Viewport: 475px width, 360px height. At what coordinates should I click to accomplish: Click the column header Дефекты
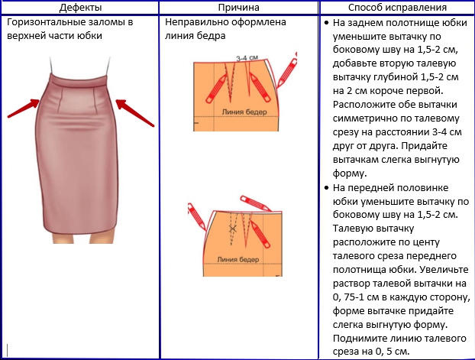point(81,8)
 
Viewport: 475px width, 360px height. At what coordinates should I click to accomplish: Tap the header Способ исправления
point(396,8)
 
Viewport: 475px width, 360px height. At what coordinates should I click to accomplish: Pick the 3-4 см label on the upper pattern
point(246,58)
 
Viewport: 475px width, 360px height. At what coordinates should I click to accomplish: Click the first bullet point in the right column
point(327,24)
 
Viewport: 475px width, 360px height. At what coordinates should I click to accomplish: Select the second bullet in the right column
point(327,187)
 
